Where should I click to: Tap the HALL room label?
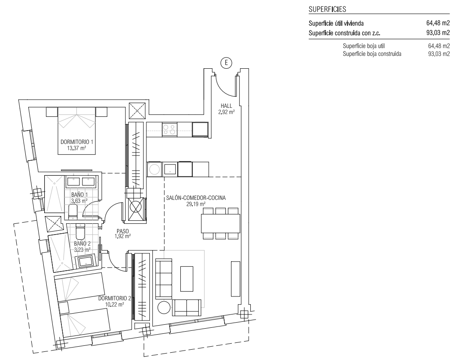click(x=226, y=106)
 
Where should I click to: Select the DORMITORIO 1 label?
click(x=77, y=142)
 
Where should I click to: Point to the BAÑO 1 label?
click(x=79, y=195)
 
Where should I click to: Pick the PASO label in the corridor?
click(x=123, y=232)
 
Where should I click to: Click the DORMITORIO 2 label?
click(x=115, y=298)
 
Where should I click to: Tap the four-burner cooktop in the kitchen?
click(x=169, y=129)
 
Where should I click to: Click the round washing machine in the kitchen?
click(x=155, y=169)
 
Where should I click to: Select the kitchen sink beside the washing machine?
click(x=170, y=169)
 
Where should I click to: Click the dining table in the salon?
click(x=221, y=223)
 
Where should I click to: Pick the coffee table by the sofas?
click(x=187, y=279)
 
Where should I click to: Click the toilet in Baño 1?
click(x=73, y=211)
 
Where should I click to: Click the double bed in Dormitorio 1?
click(x=77, y=130)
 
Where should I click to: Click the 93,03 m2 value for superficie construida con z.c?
click(x=438, y=33)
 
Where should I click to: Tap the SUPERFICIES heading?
click(x=328, y=9)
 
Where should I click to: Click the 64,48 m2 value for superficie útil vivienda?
click(x=438, y=23)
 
